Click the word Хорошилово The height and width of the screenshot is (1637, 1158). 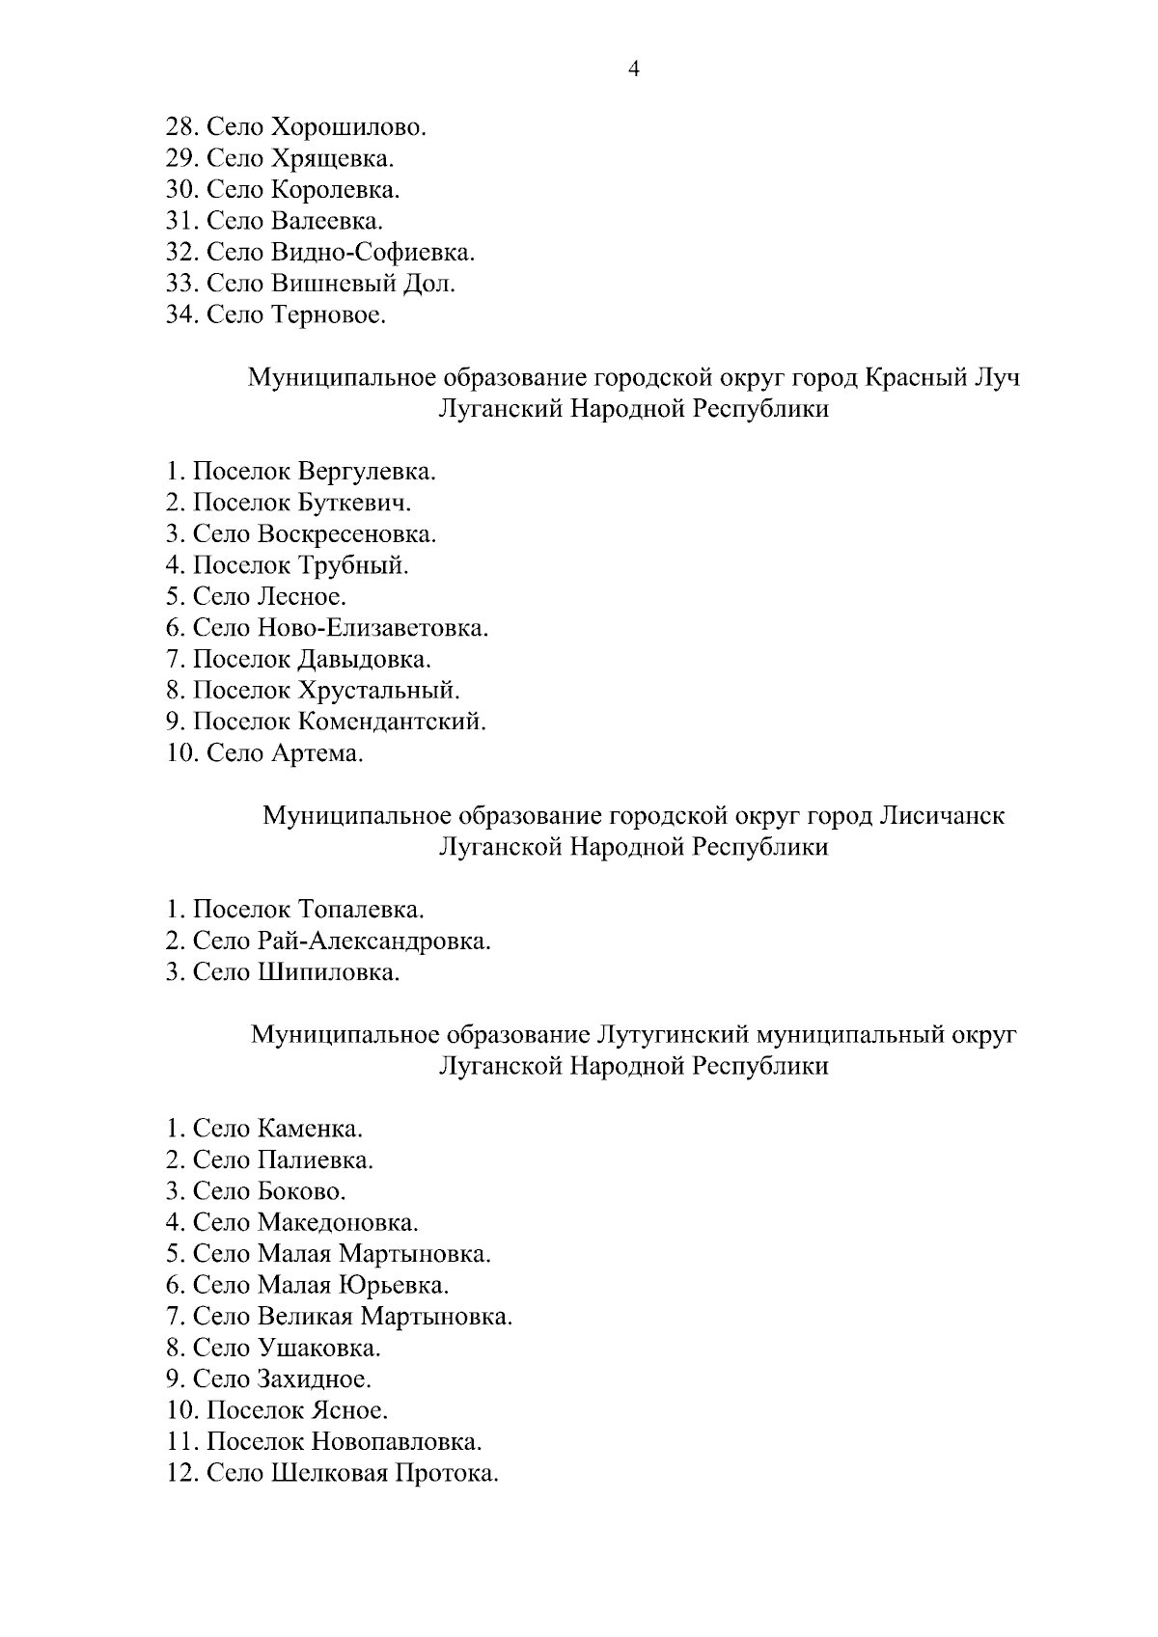[348, 127]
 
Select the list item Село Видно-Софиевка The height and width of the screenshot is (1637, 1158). [320, 253]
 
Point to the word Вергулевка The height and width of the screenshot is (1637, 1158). [367, 473]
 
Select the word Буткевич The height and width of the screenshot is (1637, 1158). [355, 504]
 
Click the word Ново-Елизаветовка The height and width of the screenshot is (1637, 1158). [373, 629]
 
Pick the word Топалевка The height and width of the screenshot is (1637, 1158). [361, 910]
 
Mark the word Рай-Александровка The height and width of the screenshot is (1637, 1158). [374, 941]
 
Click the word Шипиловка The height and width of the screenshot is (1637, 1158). [328, 972]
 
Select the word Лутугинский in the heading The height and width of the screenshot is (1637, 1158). [674, 1035]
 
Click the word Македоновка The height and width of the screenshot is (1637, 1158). [338, 1223]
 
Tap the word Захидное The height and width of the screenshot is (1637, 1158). [314, 1379]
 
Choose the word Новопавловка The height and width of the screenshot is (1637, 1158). [396, 1442]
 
